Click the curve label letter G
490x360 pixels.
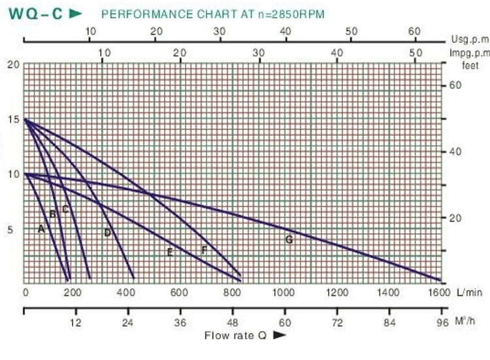tap(288, 240)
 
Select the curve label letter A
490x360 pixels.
tap(41, 229)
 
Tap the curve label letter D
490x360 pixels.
tap(107, 233)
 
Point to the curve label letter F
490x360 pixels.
tap(204, 250)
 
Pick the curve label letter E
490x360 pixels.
tap(169, 252)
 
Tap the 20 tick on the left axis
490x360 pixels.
tap(13, 65)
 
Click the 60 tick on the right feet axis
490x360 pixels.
tap(456, 86)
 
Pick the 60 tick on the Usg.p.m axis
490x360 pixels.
tap(413, 31)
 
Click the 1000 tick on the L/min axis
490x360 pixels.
tap(284, 293)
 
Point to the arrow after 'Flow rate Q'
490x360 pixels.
tap(279, 335)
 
